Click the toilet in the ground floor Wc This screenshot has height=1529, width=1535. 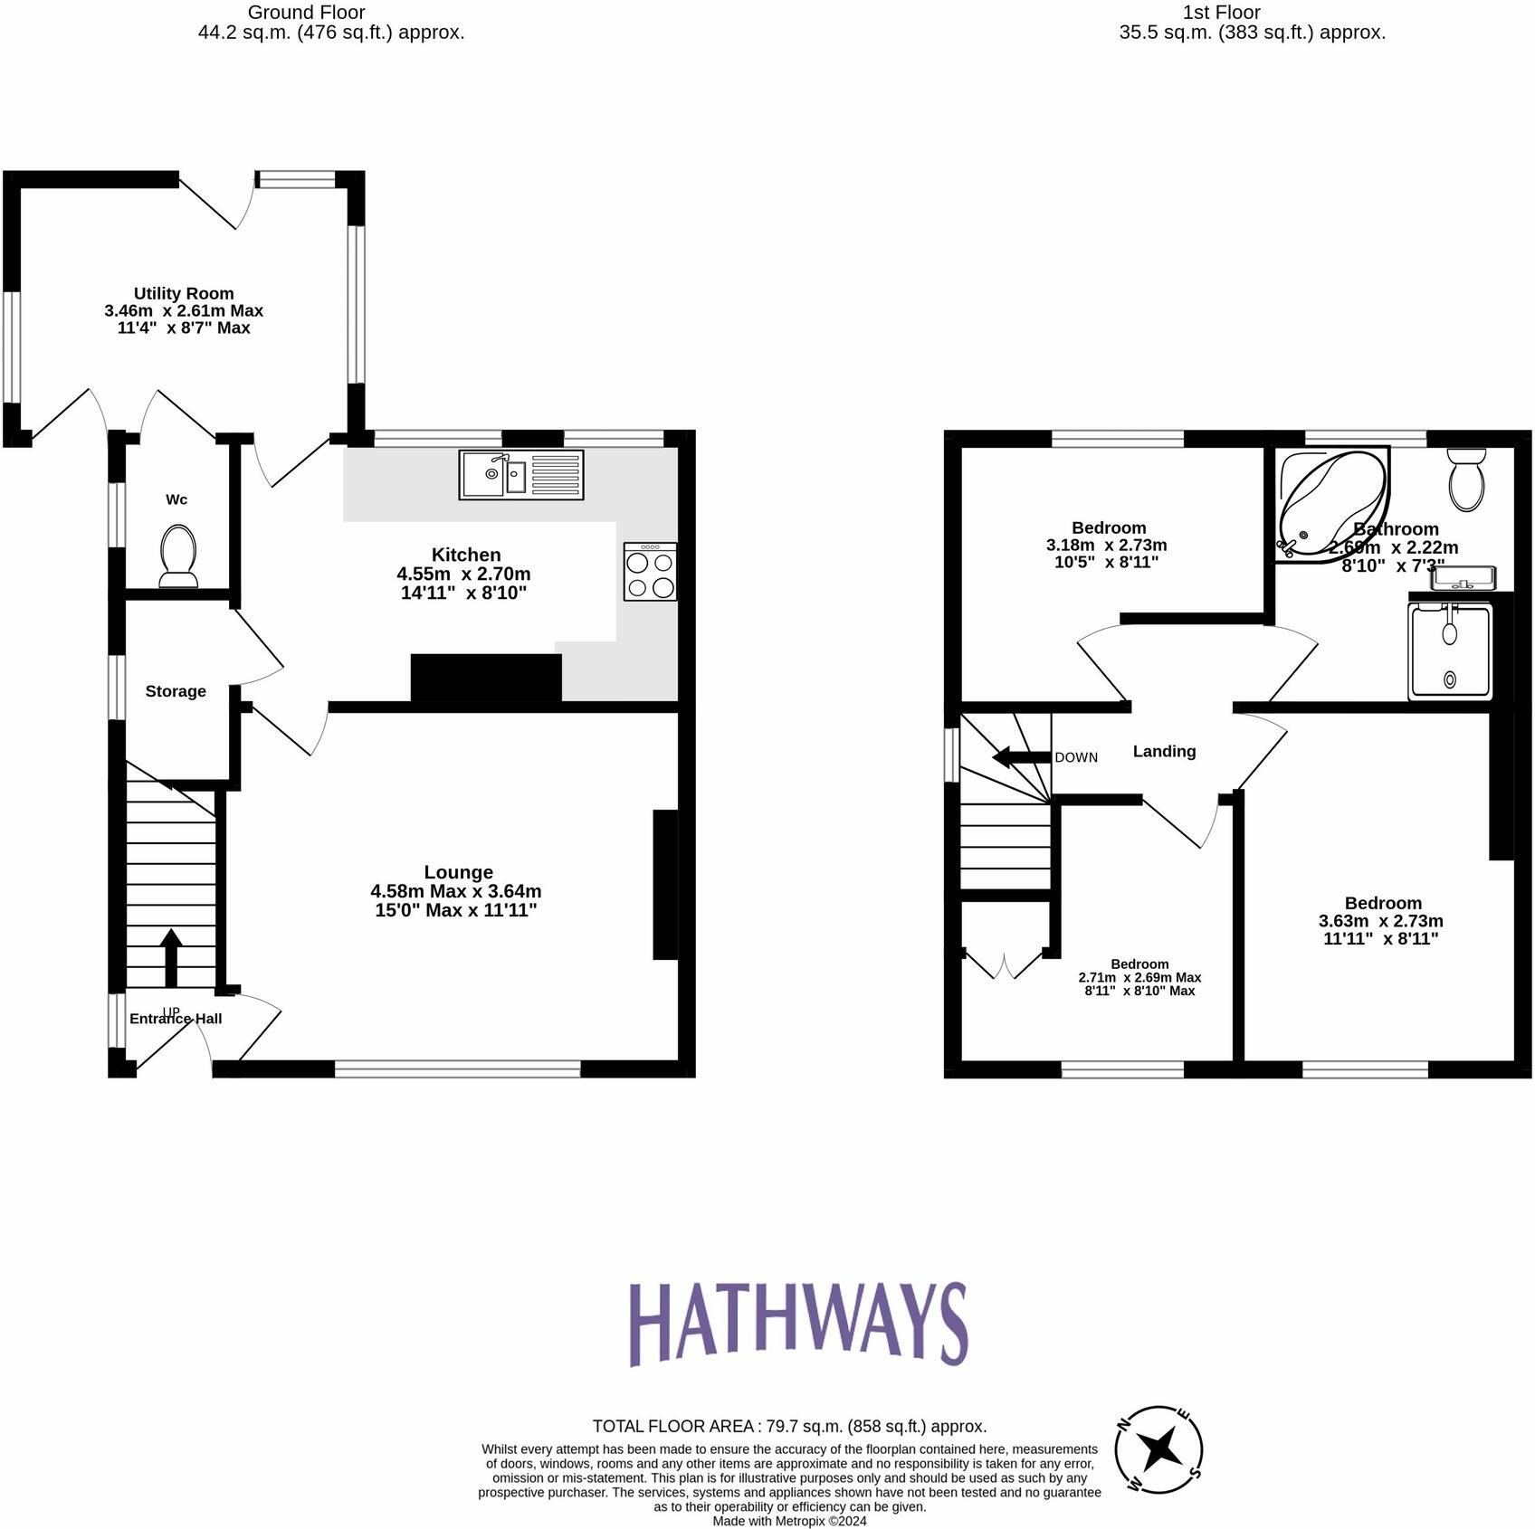[178, 556]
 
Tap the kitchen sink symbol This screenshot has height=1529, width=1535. [520, 475]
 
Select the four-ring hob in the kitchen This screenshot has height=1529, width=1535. [650, 572]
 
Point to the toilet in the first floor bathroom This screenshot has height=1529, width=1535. [1466, 480]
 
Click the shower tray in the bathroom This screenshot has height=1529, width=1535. [1450, 651]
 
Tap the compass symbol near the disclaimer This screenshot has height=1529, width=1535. [1158, 1449]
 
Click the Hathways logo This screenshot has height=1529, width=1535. [798, 1325]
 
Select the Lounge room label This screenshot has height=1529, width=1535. [459, 872]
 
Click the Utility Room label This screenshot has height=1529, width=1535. [184, 293]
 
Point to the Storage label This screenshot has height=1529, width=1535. [176, 691]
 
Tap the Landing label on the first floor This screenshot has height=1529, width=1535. [1164, 751]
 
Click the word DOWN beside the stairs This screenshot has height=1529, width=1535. [1076, 757]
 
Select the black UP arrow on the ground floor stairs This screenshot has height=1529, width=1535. [171, 957]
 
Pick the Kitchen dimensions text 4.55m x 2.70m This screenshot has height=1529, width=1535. [463, 574]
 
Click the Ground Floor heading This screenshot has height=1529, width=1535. [306, 13]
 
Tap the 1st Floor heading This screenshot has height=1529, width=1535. [1221, 13]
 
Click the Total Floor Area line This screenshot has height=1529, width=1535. [789, 1426]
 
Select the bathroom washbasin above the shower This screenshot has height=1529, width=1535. [1463, 577]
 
